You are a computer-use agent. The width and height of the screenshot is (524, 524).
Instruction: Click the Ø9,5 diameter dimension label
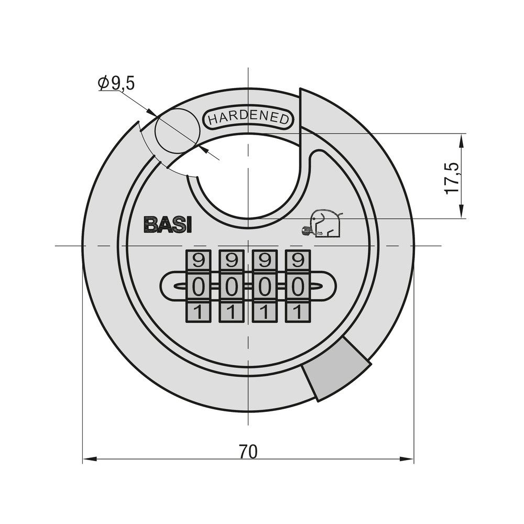116,83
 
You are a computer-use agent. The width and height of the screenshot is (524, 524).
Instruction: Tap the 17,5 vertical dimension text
452,178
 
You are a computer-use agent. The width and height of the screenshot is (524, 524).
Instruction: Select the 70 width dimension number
248,452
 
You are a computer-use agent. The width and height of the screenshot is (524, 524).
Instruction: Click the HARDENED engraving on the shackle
248,118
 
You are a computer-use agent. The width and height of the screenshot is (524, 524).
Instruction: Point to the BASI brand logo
168,225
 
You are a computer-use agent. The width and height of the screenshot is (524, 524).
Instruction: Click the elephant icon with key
323,223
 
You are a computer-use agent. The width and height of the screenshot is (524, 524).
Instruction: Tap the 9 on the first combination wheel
198,260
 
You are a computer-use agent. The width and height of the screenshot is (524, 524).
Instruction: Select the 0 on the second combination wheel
231,287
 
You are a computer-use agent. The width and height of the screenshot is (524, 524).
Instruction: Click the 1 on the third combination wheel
264,312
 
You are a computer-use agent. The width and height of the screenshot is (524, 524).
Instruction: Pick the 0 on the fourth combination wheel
298,287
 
